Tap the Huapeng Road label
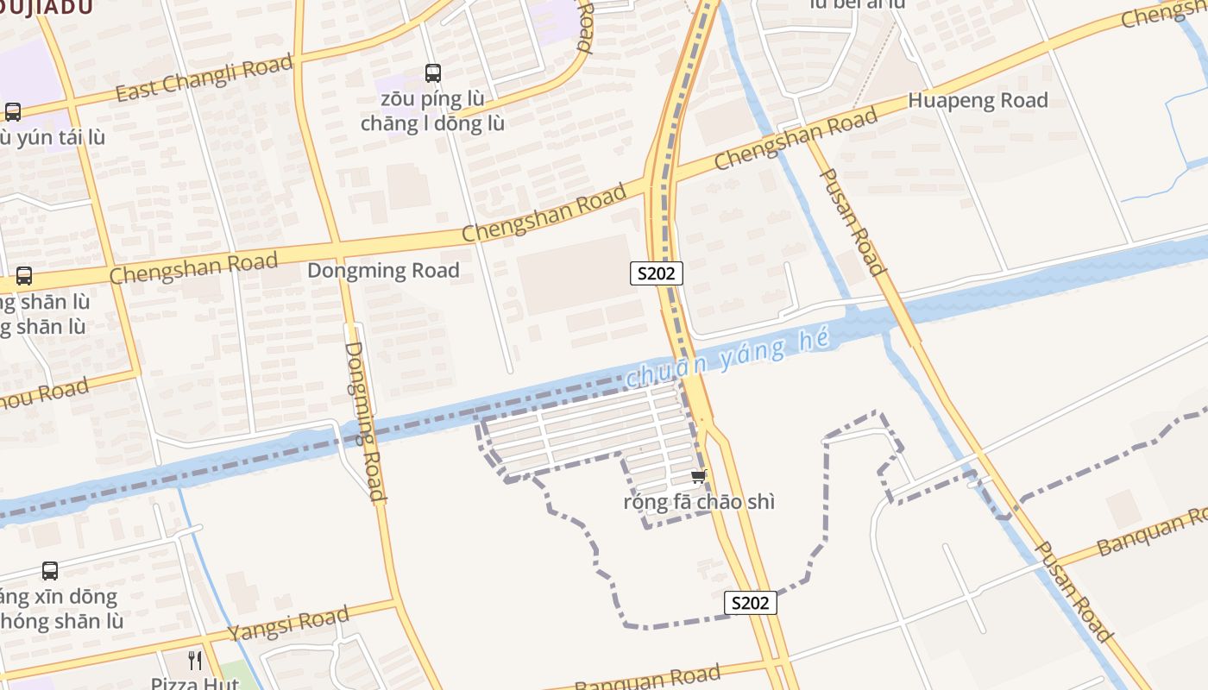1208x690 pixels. pos(978,100)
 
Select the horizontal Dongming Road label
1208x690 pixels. pos(383,271)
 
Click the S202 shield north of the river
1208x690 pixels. pos(656,273)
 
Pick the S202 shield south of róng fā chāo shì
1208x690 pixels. pos(750,603)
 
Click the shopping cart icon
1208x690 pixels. pos(699,477)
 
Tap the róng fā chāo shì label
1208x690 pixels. pos(699,502)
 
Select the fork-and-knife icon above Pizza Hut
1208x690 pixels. pos(196,661)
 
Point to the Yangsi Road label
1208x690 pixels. pos(288,623)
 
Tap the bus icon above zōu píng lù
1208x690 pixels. pos(433,73)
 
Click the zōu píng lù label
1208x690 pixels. pos(432,98)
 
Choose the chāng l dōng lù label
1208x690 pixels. pos(432,123)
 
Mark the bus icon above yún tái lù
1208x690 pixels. pos(13,112)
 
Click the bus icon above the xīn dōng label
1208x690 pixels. pos(50,571)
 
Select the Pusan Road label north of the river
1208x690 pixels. pos(852,222)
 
